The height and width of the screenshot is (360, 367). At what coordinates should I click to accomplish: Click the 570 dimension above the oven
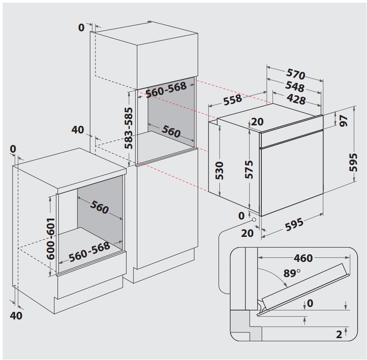pyautogui.click(x=296, y=75)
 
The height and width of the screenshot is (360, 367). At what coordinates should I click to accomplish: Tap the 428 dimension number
pyautogui.click(x=296, y=99)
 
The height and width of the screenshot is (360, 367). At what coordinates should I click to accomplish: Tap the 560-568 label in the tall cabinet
pyautogui.click(x=166, y=91)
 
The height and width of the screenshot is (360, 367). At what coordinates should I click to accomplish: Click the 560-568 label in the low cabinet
pyautogui.click(x=89, y=251)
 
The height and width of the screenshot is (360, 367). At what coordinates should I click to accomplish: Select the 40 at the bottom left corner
pyautogui.click(x=16, y=316)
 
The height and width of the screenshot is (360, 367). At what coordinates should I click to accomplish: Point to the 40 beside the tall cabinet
pyautogui.click(x=78, y=130)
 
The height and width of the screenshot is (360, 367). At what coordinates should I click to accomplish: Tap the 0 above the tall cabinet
pyautogui.click(x=81, y=28)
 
